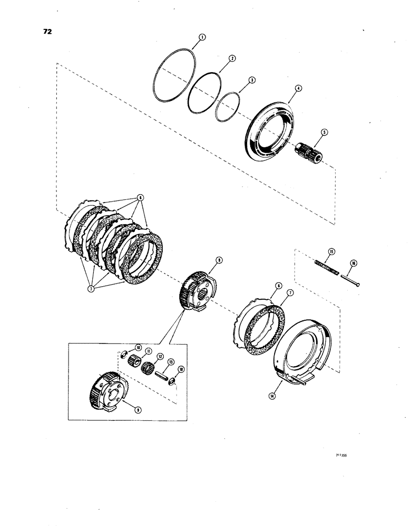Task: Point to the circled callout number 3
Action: (x=252, y=80)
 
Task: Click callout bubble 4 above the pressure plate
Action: (x=298, y=89)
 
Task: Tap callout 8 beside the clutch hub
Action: (x=217, y=259)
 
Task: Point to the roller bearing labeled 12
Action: (x=151, y=366)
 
